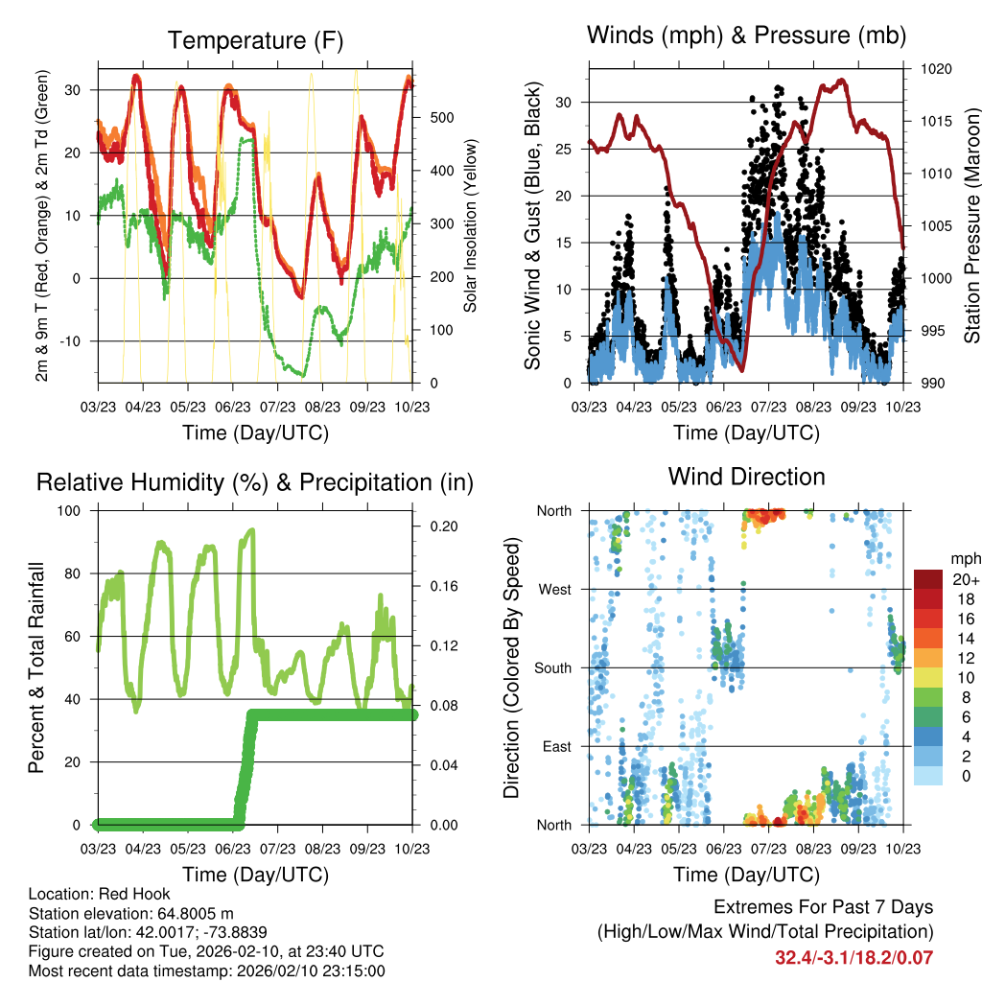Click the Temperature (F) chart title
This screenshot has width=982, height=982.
[255, 40]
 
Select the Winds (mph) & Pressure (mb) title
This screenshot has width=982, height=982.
[746, 36]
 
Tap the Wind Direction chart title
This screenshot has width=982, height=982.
[746, 477]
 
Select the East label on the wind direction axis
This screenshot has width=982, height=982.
[555, 746]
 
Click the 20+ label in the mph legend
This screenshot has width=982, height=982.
[962, 579]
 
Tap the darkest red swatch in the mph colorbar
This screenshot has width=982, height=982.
[927, 579]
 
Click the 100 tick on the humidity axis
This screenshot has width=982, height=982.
[69, 510]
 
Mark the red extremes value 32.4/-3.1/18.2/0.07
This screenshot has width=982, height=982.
[853, 957]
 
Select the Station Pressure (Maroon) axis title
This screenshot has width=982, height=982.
[970, 225]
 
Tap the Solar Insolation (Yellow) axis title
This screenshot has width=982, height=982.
[470, 225]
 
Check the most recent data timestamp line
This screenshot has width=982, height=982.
[207, 970]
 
